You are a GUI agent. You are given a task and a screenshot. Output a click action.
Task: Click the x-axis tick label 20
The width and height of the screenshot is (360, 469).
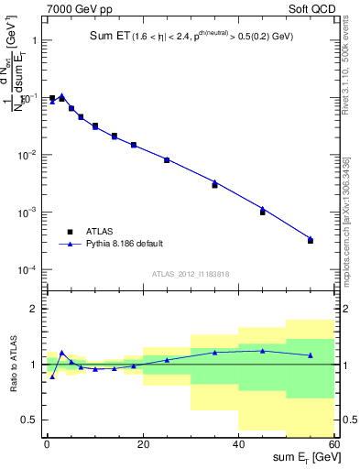143,444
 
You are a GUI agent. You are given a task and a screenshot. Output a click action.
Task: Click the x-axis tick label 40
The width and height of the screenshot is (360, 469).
239,444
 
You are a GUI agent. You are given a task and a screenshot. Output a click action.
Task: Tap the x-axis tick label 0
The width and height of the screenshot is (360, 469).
47,444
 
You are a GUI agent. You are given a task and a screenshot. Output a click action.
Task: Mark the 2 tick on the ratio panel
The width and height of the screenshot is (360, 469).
35,309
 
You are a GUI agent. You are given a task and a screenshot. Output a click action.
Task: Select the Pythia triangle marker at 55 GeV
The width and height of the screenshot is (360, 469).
311,238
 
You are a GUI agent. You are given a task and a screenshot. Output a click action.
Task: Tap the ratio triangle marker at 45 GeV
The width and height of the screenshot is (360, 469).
263,350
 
